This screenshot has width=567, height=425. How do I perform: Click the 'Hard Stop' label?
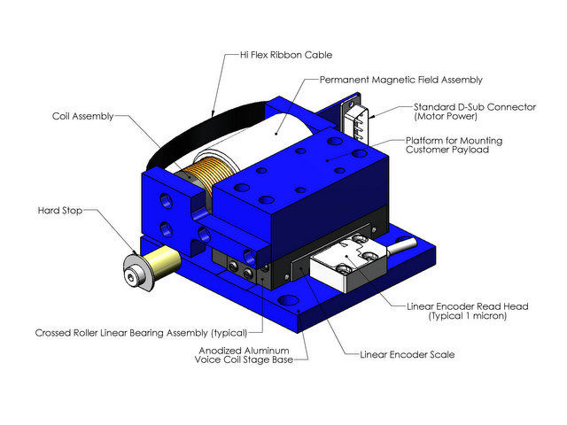click(61, 211)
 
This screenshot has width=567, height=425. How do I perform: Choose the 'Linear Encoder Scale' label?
click(407, 354)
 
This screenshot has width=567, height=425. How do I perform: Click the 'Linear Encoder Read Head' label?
click(467, 306)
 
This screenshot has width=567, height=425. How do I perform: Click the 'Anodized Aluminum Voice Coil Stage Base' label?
click(252, 354)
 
